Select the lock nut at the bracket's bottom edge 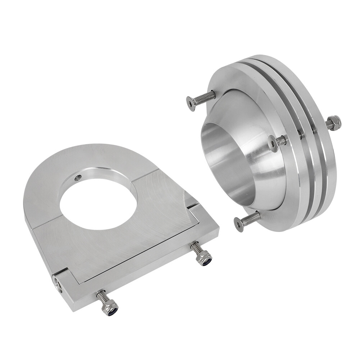click(x=110, y=308)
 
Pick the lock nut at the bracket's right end click(x=205, y=258)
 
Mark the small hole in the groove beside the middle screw click(x=300, y=135)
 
